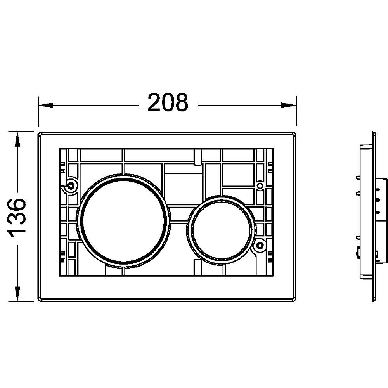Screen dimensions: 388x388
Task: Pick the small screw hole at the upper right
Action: (260, 186)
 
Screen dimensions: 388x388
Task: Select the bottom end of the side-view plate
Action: (374, 300)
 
